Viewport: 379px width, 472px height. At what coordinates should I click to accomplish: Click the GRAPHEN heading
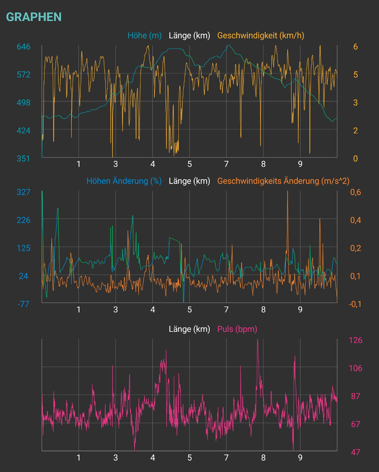click(x=34, y=17)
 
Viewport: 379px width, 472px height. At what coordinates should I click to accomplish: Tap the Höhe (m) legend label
click(x=144, y=35)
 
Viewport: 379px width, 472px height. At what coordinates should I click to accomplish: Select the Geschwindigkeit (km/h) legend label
click(x=261, y=35)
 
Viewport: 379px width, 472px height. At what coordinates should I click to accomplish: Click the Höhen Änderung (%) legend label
click(x=124, y=181)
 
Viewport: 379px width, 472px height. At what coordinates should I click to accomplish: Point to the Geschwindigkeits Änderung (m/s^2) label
click(x=283, y=181)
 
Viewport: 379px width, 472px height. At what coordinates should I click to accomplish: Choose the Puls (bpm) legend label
click(x=237, y=329)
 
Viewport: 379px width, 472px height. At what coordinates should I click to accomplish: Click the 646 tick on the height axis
click(x=23, y=47)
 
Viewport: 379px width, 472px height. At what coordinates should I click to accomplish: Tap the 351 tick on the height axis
click(x=23, y=158)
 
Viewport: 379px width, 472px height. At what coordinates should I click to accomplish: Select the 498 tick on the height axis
click(x=23, y=102)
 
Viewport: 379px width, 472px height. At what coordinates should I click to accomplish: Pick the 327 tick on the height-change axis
click(x=23, y=192)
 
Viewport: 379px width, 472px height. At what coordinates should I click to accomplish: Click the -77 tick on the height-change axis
click(x=23, y=304)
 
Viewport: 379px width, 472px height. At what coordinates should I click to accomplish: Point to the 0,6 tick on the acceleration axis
click(x=356, y=192)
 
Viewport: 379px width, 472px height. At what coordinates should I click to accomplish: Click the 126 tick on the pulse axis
click(x=356, y=340)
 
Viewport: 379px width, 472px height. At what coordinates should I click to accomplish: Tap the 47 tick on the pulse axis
click(x=356, y=452)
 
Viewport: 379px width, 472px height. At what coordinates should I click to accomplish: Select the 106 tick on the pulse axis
click(x=356, y=368)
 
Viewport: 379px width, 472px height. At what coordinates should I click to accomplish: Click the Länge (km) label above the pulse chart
click(x=189, y=329)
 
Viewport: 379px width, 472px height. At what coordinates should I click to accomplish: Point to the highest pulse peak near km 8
click(x=258, y=340)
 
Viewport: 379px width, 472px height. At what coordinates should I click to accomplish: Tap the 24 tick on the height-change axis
click(x=23, y=276)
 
